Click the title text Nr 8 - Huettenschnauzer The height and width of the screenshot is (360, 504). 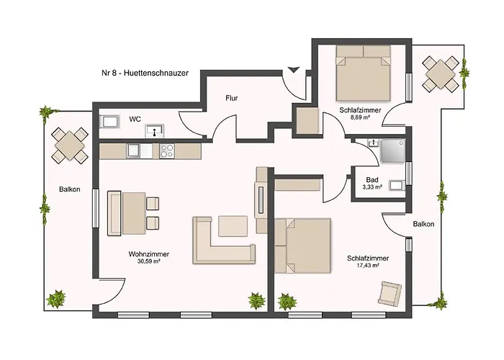pos(145,73)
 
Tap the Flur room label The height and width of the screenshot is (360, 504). pos(231,98)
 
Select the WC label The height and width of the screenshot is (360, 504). pos(135,120)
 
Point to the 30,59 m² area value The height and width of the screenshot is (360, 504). pos(149,261)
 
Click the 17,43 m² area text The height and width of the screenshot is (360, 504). pos(368,266)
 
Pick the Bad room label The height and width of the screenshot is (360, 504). pos(372,180)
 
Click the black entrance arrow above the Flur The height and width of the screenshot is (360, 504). pos(294,69)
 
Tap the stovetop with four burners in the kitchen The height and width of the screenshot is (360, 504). pos(167,151)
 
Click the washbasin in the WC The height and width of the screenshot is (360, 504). pos(155,130)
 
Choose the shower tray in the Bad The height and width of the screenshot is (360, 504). pos(393,150)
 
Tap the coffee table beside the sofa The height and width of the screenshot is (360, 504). pos(233,226)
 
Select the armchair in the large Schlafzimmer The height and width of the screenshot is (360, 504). pos(390,293)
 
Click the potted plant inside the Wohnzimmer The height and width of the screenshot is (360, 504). pos(257,300)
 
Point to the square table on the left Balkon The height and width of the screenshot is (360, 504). pos(70,145)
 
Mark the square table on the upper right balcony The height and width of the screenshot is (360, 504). pos(441,75)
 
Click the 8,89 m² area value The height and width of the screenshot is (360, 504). pos(360,117)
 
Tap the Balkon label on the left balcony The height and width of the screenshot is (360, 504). pos(70,189)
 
